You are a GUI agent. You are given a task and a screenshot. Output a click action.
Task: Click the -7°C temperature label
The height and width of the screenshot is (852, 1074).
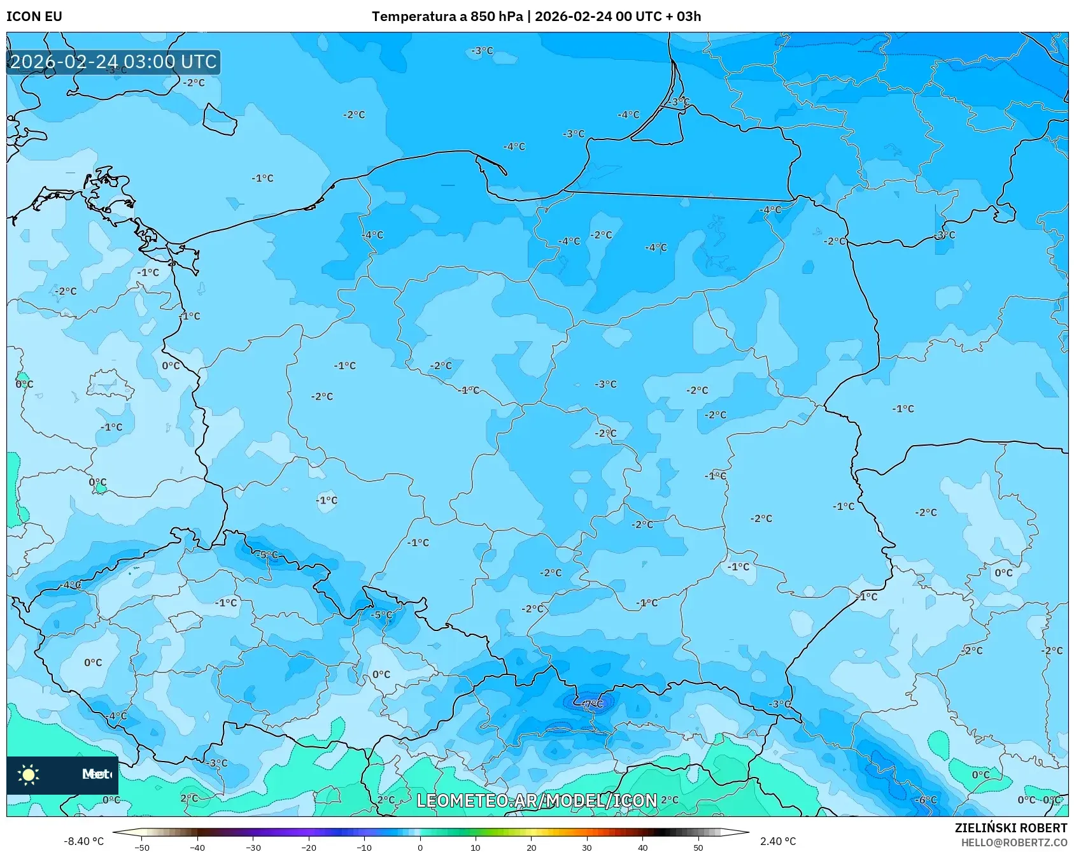click(x=593, y=704)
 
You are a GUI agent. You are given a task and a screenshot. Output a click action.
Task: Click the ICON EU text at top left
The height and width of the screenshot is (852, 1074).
click(x=34, y=17)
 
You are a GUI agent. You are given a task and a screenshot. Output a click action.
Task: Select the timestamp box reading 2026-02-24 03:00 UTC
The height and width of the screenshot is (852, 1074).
click(x=113, y=62)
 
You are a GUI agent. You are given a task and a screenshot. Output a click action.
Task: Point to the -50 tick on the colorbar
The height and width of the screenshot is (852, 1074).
click(x=142, y=847)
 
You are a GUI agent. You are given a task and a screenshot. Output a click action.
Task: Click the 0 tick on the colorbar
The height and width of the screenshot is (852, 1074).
click(x=420, y=847)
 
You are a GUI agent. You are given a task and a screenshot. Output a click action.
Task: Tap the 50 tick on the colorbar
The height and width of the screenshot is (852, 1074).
click(x=698, y=847)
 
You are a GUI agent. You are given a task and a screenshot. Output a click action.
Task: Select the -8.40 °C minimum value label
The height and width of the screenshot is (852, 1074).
click(x=83, y=841)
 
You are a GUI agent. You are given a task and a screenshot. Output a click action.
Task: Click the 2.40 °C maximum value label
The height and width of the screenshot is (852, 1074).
click(x=778, y=841)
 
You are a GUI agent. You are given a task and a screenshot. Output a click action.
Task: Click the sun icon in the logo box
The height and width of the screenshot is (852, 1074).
click(x=29, y=774)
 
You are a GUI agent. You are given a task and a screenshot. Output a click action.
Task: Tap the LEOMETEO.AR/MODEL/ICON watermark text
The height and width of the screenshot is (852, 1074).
click(x=537, y=800)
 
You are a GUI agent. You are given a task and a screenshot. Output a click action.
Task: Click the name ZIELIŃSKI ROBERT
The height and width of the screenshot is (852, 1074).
click(x=1010, y=828)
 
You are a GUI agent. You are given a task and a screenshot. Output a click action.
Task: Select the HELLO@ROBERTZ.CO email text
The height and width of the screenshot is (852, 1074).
click(x=1014, y=842)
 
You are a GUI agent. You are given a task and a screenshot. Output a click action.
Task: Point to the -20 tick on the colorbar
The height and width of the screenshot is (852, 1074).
click(x=309, y=847)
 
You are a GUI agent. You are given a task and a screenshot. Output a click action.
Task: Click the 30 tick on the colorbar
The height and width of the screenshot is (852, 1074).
click(x=587, y=847)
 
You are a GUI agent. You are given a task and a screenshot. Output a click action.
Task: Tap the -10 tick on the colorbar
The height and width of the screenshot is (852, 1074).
click(x=364, y=847)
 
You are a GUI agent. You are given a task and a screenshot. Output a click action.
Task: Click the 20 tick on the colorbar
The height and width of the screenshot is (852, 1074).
click(x=531, y=847)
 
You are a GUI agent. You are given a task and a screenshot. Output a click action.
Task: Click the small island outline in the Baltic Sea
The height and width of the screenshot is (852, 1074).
click(x=220, y=119)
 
